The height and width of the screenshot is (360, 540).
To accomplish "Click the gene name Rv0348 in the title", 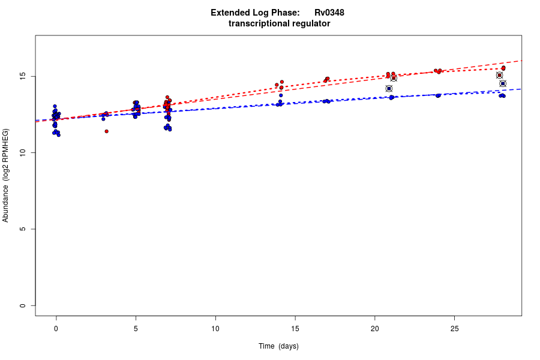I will (x=329, y=13).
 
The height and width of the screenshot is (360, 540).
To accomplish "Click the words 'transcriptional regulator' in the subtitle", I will (x=279, y=24).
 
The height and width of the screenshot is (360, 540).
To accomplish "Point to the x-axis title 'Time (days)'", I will (x=278, y=346).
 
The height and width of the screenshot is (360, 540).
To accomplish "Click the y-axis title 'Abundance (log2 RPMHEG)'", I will (x=6, y=175).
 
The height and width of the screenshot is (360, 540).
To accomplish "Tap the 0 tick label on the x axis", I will (x=56, y=329).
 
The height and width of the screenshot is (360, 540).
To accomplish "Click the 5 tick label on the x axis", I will (x=136, y=329).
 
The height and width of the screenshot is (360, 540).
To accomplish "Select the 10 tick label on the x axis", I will (x=215, y=329).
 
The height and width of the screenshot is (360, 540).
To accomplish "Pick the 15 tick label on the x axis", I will (x=295, y=329).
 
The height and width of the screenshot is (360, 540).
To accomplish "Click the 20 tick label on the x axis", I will (x=374, y=329).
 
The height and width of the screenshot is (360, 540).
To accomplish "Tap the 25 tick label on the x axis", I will (x=454, y=329).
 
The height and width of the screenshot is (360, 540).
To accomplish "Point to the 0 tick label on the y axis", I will (x=22, y=305).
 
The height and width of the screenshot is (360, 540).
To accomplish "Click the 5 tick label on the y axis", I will (x=22, y=229).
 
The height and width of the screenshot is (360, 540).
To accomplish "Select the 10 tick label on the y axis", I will (x=22, y=153).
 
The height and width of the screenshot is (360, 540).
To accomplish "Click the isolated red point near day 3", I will (x=106, y=131).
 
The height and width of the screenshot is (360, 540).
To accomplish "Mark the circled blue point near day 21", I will (x=389, y=89).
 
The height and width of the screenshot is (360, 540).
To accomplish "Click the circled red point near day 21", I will (x=394, y=78).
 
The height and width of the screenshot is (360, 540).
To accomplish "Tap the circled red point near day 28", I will (x=499, y=76).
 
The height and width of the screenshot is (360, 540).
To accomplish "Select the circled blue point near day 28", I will (x=503, y=83).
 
